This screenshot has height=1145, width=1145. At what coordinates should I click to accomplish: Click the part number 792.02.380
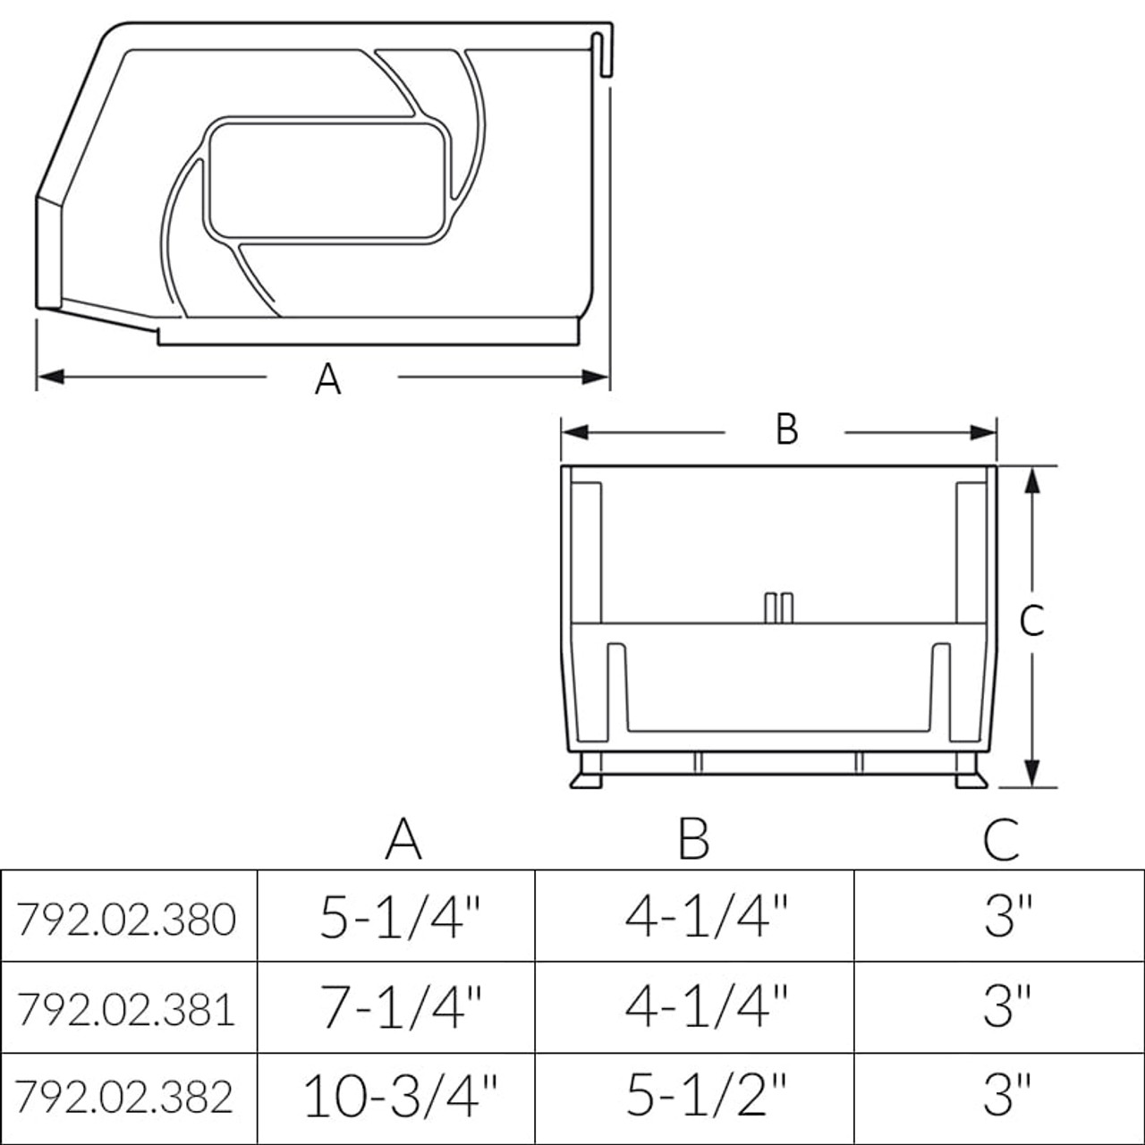click(x=127, y=919)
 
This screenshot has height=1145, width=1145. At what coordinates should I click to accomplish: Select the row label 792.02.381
click(x=127, y=1008)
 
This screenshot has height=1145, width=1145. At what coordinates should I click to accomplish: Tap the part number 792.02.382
click(x=127, y=1096)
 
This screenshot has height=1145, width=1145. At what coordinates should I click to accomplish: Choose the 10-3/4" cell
click(x=400, y=1096)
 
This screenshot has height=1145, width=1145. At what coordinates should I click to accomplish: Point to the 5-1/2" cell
click(x=706, y=1096)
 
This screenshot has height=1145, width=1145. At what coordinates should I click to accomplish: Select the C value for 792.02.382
click(x=1008, y=1096)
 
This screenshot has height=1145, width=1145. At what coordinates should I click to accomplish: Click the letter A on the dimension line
click(x=328, y=379)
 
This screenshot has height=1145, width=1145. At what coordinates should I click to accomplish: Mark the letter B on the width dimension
click(x=786, y=429)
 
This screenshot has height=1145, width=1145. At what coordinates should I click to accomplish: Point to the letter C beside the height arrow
click(x=1031, y=620)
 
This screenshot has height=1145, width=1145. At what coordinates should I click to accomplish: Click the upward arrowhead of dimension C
click(x=1031, y=480)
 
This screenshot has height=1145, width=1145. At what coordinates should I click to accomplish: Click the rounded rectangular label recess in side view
click(x=326, y=182)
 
